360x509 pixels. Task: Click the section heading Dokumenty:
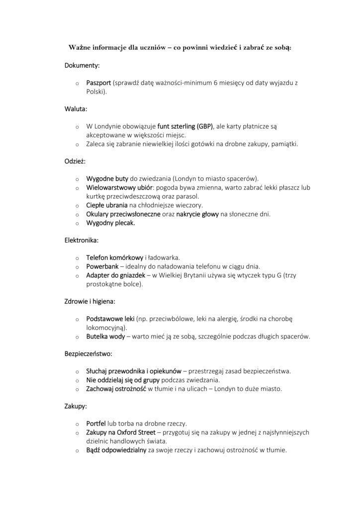(x=82, y=65)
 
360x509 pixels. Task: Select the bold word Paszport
(x=98, y=83)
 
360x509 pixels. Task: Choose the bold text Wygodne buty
(x=107, y=178)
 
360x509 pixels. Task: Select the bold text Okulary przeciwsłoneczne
(x=123, y=214)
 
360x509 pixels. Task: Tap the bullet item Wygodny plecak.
(x=110, y=223)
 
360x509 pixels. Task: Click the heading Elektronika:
(x=82, y=241)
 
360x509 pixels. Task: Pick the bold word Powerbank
(x=102, y=267)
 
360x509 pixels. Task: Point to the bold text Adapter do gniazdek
(x=115, y=276)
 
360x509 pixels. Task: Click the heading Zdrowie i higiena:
(x=90, y=302)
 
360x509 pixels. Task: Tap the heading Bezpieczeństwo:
(x=89, y=354)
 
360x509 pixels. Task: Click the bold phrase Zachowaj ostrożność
(x=116, y=389)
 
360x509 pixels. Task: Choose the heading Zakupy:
(x=76, y=406)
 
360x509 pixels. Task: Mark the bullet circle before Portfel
(x=77, y=424)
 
